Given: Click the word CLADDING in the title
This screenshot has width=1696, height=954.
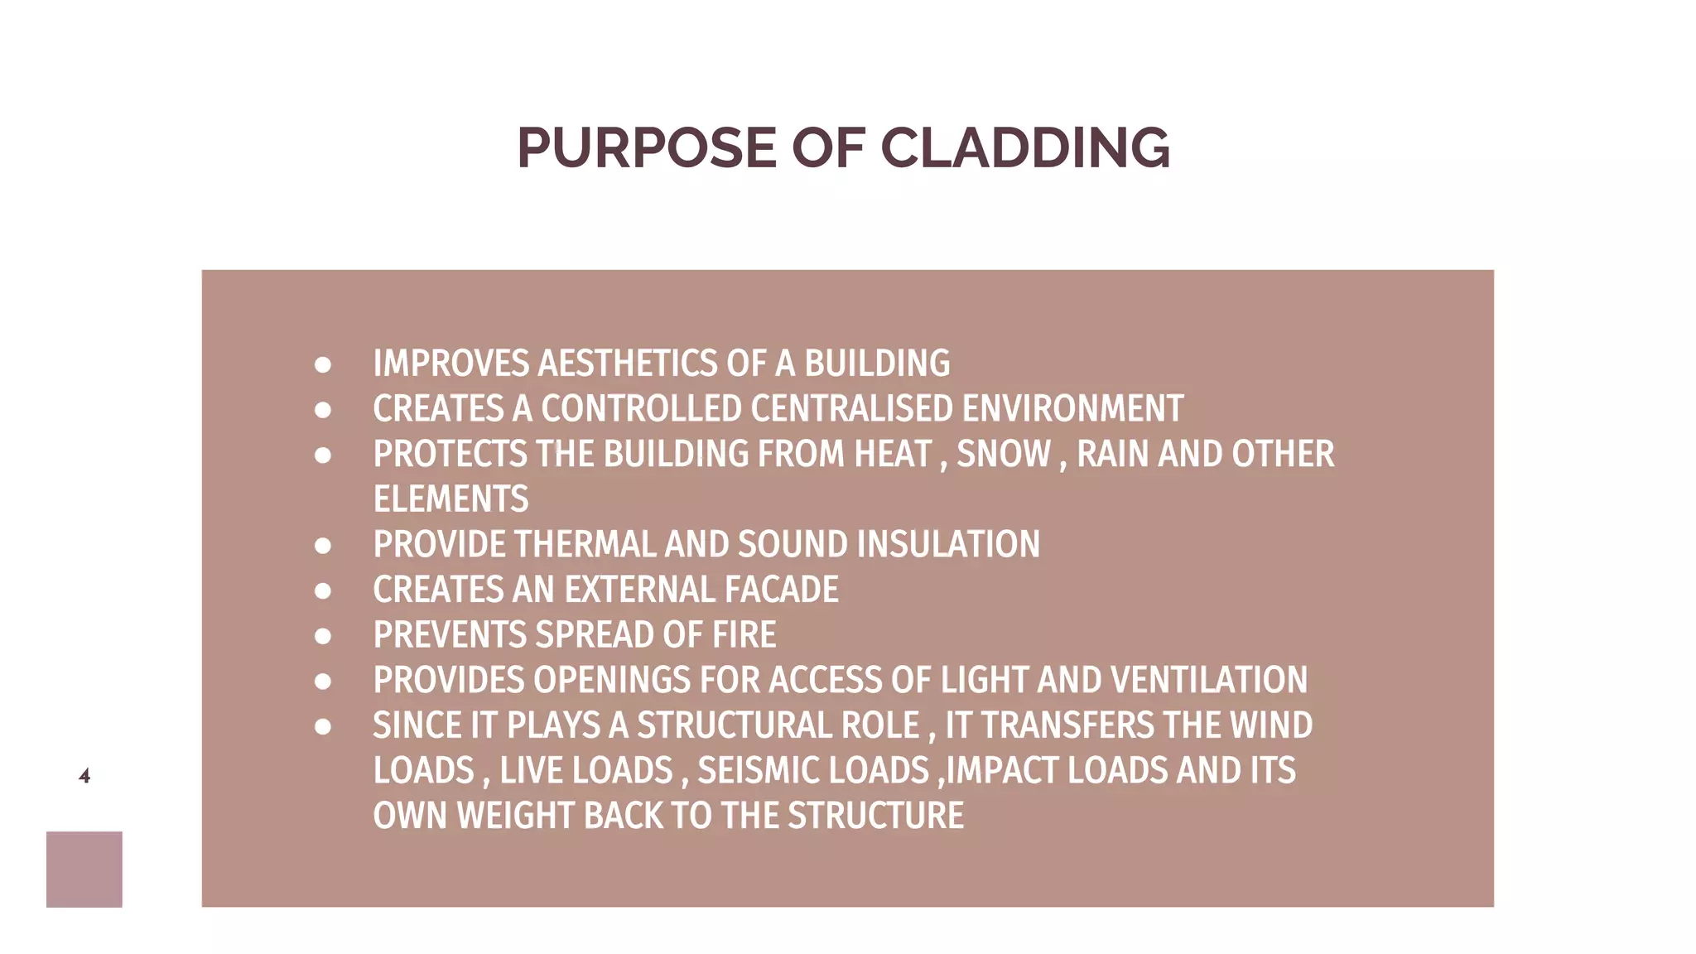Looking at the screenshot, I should [1024, 148].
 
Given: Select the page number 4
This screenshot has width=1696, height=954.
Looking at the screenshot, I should [84, 776].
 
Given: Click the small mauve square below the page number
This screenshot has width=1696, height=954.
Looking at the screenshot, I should [84, 869].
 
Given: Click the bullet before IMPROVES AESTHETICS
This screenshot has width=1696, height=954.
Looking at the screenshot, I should [323, 365].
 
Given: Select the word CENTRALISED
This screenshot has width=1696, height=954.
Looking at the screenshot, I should [852, 409].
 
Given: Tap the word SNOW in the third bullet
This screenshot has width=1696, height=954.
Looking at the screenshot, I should [1003, 454].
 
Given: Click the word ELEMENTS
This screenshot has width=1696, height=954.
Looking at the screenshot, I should [450, 499].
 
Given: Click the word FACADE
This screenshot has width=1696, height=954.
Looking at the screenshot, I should [781, 590].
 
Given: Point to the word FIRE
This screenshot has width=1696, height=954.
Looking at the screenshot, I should [744, 635].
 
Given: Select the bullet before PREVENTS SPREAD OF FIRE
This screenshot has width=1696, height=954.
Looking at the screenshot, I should [323, 636].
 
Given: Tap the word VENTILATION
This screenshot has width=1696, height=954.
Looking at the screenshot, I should [1208, 680].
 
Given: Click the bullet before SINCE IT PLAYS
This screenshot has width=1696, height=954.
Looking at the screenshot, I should [323, 727].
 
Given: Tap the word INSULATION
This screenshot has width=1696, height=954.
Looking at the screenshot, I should [948, 545].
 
